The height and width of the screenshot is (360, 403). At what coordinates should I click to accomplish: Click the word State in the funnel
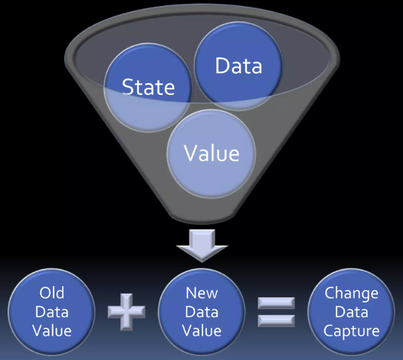click(x=148, y=87)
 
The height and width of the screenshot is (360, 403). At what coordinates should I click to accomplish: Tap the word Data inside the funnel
click(x=238, y=66)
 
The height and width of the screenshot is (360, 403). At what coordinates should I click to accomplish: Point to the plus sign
click(x=126, y=310)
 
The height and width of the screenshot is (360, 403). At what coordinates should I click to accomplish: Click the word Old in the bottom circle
click(x=52, y=292)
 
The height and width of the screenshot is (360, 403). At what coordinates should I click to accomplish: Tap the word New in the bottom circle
click(x=202, y=292)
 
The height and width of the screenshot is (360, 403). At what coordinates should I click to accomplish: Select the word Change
click(x=351, y=292)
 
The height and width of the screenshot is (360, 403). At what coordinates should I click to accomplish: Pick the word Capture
click(x=351, y=330)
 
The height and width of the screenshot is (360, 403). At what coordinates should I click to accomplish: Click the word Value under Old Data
click(x=52, y=330)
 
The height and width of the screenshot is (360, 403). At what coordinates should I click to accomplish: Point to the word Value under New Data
click(x=202, y=330)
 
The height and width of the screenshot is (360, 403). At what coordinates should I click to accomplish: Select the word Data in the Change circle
click(x=351, y=312)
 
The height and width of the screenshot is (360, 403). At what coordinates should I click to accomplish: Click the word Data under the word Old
click(x=52, y=312)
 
